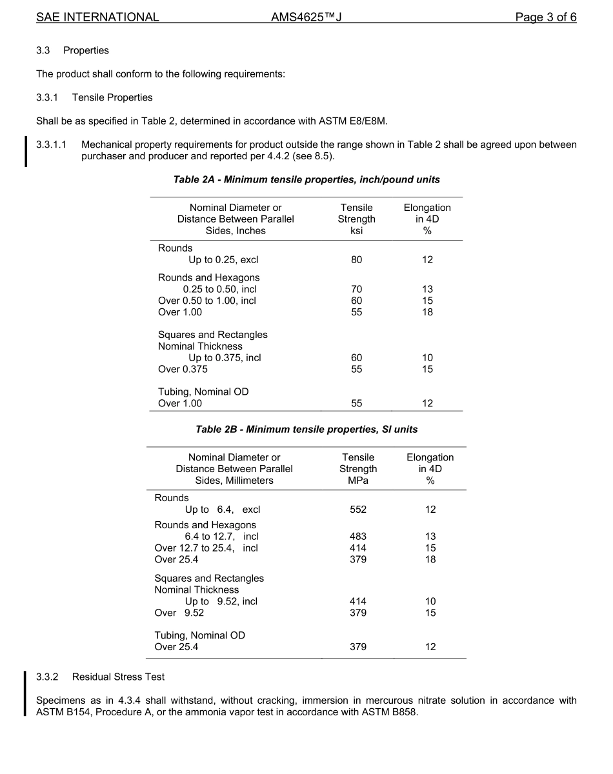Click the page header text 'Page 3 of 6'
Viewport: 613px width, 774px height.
545,17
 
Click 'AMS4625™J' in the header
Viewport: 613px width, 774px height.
306,17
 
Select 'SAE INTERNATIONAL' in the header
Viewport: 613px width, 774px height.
97,17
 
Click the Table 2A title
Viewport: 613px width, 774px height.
306,179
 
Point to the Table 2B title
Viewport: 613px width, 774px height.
306,429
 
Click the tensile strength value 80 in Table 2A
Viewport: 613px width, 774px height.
356,260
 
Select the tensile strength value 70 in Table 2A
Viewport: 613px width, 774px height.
356,290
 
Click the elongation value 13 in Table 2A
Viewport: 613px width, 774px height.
427,290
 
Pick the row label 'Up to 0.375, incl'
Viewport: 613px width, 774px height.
225,358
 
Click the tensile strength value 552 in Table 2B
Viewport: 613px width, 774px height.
358,510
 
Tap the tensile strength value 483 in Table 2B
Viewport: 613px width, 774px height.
358,537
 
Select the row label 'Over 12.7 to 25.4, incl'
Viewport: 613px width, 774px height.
206,548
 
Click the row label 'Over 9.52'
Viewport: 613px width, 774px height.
179,613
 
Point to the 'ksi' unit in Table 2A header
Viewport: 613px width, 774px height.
356,231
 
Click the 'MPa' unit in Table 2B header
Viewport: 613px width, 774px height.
358,481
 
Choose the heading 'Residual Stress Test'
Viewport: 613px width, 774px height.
118,677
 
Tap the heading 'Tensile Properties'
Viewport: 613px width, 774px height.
112,97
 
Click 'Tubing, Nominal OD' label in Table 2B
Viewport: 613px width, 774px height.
199,635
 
